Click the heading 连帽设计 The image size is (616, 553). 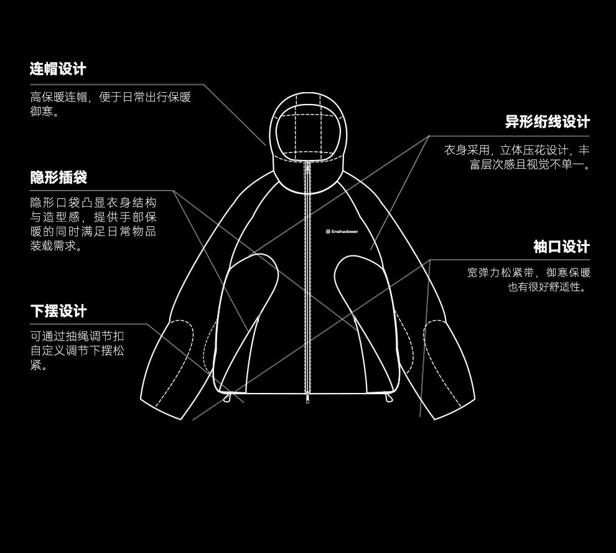(x=58, y=69)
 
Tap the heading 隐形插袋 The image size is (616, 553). (x=58, y=177)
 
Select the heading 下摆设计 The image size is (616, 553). (x=58, y=311)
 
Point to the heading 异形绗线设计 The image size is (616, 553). (x=547, y=121)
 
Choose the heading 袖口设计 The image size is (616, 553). (x=561, y=247)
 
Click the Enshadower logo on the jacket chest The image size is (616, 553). (x=342, y=232)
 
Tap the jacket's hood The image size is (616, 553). (x=306, y=128)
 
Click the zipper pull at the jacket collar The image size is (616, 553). (x=307, y=167)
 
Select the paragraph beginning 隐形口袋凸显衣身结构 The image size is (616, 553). (x=93, y=224)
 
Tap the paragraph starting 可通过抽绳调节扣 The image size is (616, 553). (x=77, y=351)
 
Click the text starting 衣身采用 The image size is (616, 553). (x=516, y=157)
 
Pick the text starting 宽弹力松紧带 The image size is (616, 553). (x=528, y=280)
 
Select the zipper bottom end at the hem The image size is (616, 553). (x=307, y=399)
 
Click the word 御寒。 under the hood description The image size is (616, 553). (x=45, y=113)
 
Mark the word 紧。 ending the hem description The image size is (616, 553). (x=39, y=366)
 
